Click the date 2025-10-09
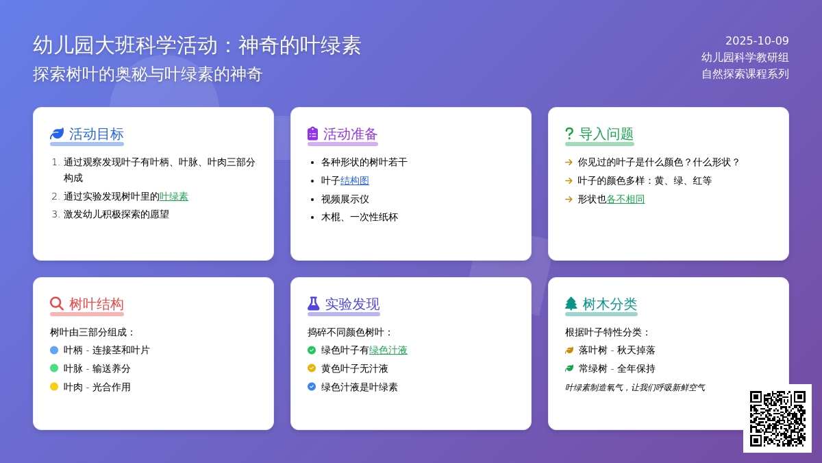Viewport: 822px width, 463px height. [757, 41]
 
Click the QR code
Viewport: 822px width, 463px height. [777, 418]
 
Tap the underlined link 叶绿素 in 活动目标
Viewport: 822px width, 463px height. [174, 196]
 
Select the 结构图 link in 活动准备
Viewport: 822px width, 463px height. [355, 180]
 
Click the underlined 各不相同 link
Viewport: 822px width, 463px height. [625, 199]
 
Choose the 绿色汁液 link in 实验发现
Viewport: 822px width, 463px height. [388, 350]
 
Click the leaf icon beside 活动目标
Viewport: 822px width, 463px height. [57, 134]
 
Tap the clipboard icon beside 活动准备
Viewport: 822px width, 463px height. [313, 134]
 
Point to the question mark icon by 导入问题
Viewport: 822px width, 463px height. [569, 134]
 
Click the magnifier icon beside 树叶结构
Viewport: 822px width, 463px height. [57, 303]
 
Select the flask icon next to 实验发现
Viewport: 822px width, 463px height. [314, 303]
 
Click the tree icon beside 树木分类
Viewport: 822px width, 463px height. [571, 303]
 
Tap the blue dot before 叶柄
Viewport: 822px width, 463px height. [54, 350]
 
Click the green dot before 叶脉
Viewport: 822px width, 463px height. [54, 368]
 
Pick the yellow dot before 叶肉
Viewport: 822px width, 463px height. [54, 387]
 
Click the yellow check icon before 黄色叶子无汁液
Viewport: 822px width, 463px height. [312, 368]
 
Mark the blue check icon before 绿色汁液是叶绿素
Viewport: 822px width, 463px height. [312, 387]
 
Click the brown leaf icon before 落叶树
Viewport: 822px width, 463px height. [569, 350]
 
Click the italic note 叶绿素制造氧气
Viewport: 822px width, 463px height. [634, 388]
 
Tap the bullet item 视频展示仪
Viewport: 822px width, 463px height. [345, 199]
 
